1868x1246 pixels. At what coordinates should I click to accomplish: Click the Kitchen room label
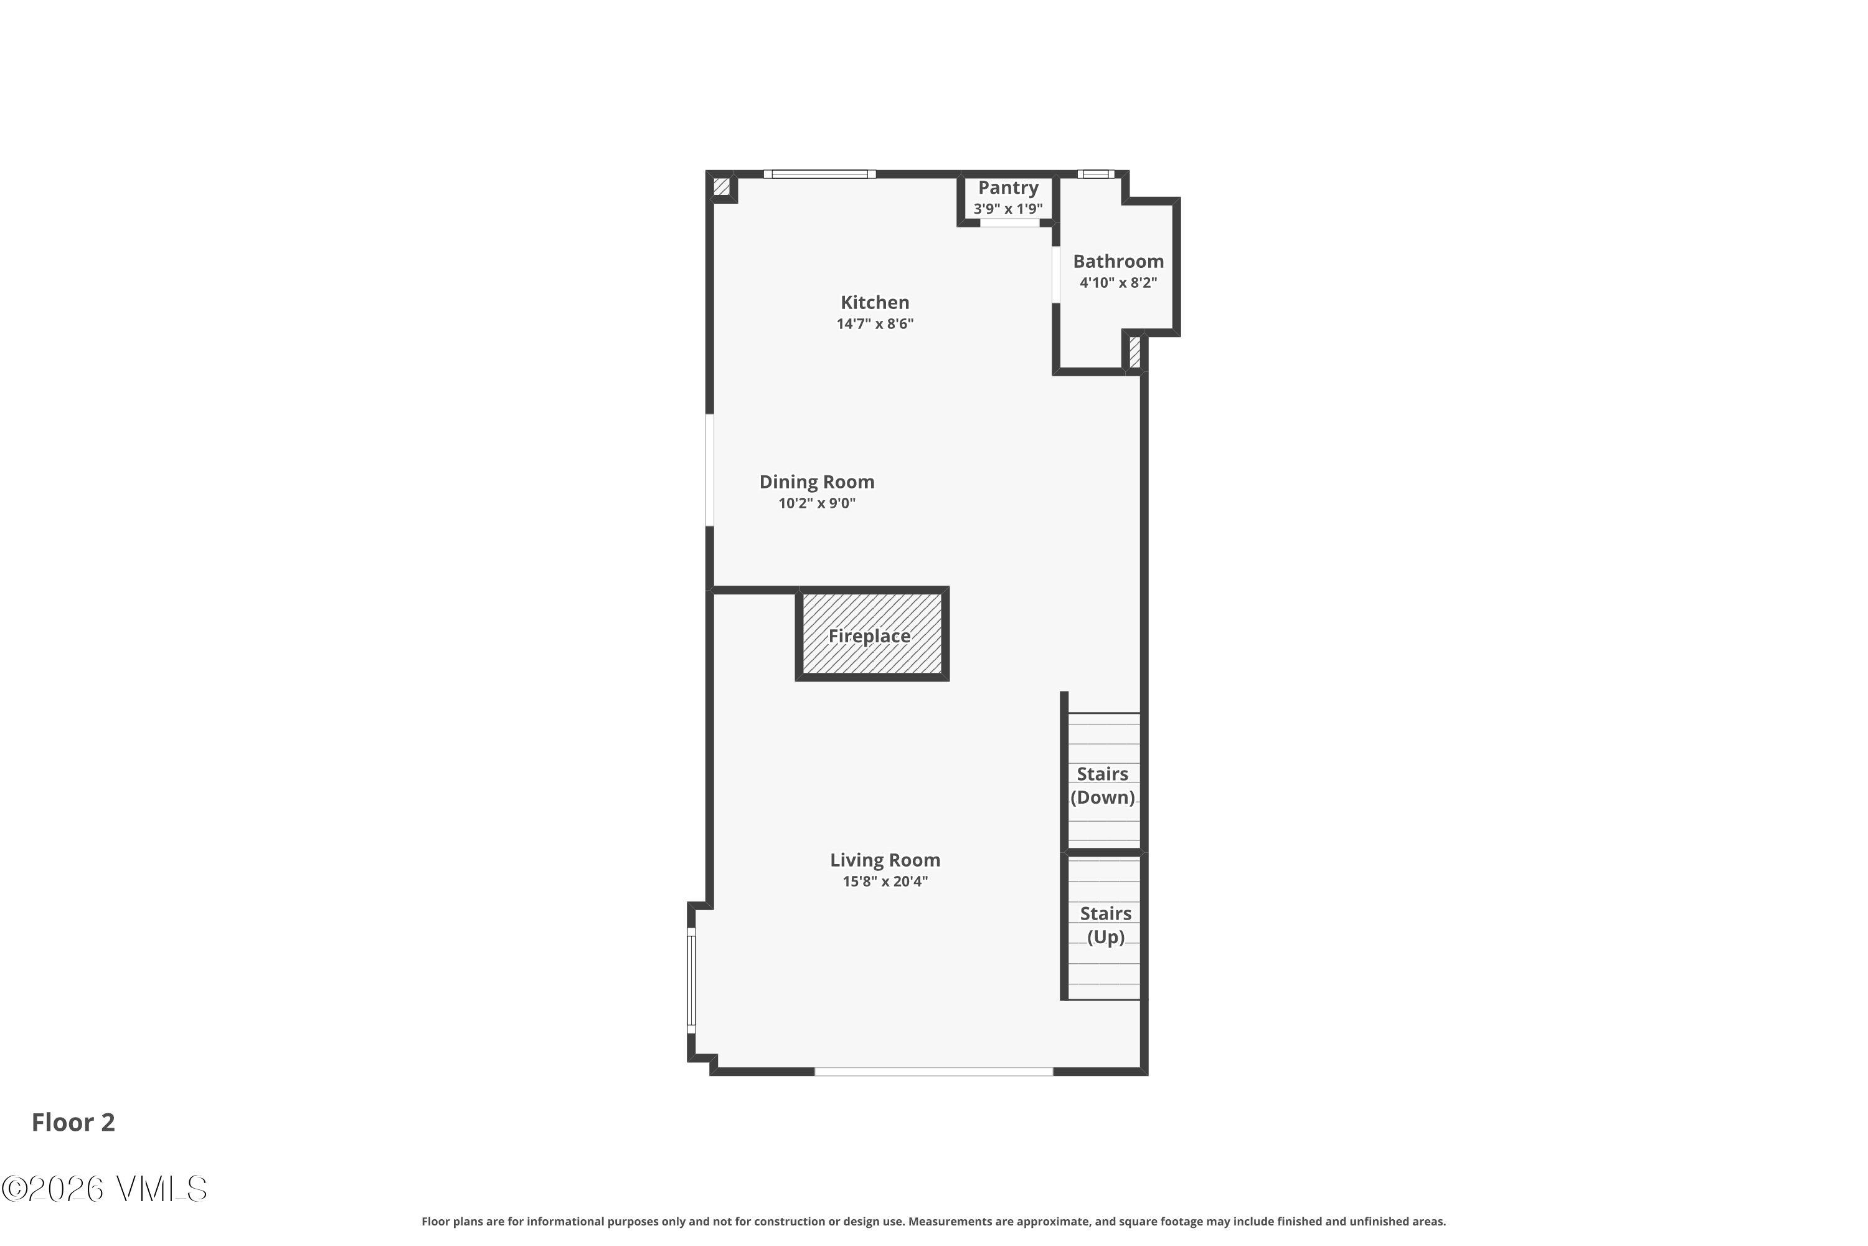click(874, 303)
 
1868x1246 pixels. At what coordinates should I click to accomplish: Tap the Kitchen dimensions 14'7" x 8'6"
click(874, 324)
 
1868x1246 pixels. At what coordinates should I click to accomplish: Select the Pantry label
click(1008, 188)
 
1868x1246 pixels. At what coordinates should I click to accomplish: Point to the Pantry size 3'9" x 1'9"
click(1008, 209)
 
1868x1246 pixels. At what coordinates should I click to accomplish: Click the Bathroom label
click(1118, 262)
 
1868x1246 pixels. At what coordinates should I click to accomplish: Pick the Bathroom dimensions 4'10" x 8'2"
click(1118, 283)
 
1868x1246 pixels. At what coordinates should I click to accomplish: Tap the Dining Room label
click(816, 482)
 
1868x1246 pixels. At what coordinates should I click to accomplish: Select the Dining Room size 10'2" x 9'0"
click(816, 503)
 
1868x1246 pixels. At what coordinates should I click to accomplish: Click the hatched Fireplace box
click(871, 634)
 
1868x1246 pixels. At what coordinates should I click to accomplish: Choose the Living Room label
click(885, 860)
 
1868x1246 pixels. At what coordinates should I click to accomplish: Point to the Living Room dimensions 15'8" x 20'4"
click(885, 882)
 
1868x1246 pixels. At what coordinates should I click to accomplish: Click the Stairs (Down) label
click(1102, 786)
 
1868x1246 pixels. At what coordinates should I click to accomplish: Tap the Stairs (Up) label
click(1105, 925)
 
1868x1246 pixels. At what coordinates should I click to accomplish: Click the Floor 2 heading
click(73, 1122)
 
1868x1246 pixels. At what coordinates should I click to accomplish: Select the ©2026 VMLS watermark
click(104, 1189)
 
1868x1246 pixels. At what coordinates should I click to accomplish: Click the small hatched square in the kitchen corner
click(721, 187)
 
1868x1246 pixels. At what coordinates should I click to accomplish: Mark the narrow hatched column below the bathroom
click(1135, 353)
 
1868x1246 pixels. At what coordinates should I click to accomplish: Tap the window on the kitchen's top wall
click(819, 174)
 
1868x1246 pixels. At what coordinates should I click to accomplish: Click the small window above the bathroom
click(1095, 174)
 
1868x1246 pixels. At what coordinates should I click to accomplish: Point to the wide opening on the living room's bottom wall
click(933, 1072)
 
